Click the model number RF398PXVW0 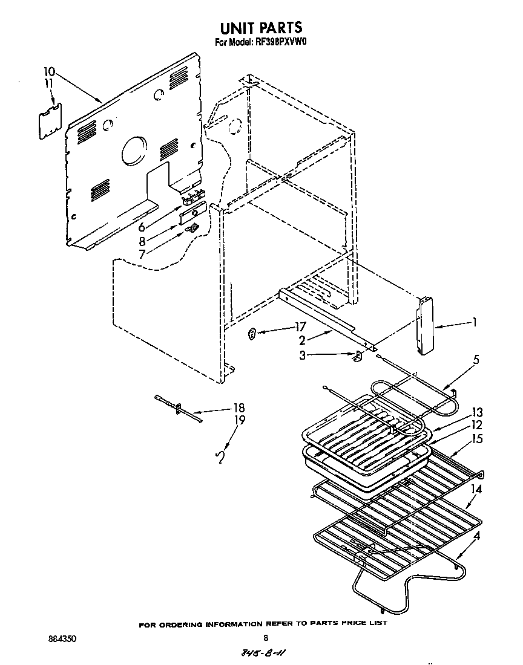tap(280, 43)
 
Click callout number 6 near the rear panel tap(142, 227)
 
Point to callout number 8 tap(142, 241)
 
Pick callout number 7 tap(142, 255)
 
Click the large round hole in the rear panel tap(134, 150)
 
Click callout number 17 tap(299, 327)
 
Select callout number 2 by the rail tap(301, 340)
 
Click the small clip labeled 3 tap(358, 356)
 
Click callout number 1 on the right tap(475, 323)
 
